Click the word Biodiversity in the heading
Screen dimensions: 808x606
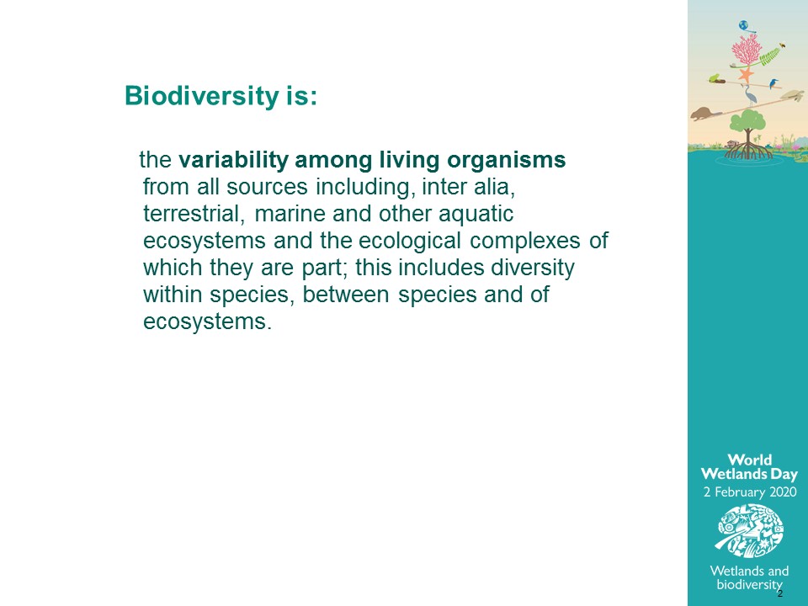[201, 96]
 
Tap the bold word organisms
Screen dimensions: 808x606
[507, 160]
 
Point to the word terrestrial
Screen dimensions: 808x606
[194, 214]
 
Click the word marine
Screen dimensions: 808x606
[290, 214]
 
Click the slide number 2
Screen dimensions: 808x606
[779, 593]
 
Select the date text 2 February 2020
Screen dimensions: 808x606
[750, 492]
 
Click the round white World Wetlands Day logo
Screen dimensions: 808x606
[750, 531]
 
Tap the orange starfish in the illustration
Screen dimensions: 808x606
[745, 76]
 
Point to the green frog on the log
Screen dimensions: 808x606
[715, 78]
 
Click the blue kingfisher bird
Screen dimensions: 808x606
[773, 83]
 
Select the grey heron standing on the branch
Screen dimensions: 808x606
[750, 95]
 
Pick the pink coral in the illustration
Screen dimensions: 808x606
[747, 50]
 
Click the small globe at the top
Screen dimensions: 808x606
[743, 25]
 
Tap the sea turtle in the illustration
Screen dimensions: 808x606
[791, 95]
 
